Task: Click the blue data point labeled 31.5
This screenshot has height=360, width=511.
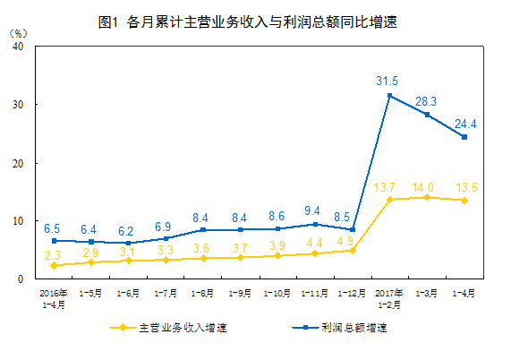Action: pos(389,96)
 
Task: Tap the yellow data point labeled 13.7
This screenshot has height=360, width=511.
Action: pos(389,199)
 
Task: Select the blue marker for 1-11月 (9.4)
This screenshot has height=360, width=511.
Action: pos(315,224)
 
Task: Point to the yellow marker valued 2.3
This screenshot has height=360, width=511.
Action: pos(55,265)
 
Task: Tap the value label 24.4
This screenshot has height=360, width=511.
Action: pos(464,123)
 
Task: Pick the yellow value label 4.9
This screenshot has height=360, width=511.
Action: pos(345,240)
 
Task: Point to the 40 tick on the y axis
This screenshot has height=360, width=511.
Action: pos(17,47)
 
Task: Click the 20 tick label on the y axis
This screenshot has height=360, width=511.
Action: pos(17,163)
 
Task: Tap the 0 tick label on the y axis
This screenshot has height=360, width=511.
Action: pos(21,279)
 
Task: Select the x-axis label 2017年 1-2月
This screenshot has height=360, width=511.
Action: pos(389,297)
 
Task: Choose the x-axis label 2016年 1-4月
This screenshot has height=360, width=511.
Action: pos(54,297)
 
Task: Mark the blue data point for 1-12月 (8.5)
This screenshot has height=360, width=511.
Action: pos(353,229)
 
